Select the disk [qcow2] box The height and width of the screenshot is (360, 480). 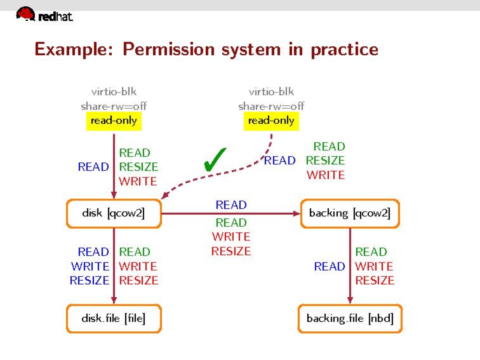click(x=113, y=213)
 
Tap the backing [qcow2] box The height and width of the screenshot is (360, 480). click(x=350, y=213)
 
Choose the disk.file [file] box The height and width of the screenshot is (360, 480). click(x=113, y=318)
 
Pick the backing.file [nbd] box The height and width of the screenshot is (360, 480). click(x=350, y=318)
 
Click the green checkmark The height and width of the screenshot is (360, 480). click(x=215, y=160)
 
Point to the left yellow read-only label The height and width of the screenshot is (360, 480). click(x=113, y=121)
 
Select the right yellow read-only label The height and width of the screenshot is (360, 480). click(x=271, y=121)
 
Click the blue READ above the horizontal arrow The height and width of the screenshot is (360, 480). click(x=231, y=205)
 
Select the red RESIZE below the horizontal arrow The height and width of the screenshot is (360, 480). click(x=231, y=251)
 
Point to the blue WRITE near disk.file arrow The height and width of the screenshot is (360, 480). click(x=90, y=266)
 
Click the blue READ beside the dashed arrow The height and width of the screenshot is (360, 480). click(x=280, y=160)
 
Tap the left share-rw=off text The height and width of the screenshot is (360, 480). click(x=113, y=106)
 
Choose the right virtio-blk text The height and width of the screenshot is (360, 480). click(x=271, y=92)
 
